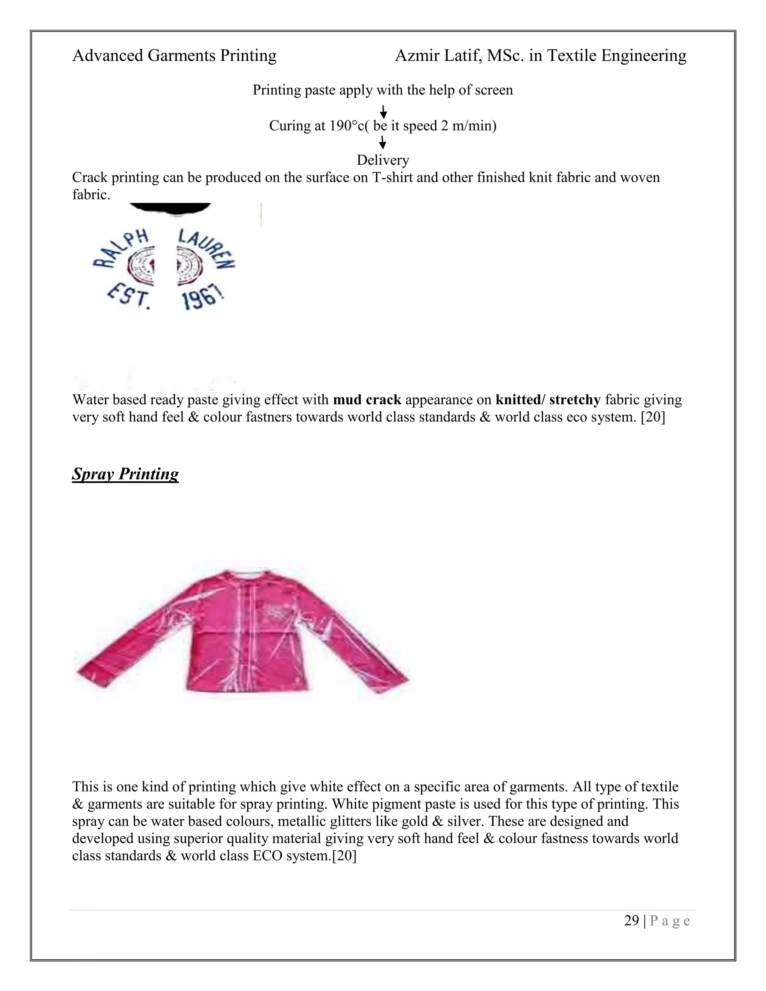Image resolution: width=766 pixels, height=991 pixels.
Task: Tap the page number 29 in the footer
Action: (x=631, y=920)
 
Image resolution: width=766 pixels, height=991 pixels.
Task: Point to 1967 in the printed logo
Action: (x=203, y=298)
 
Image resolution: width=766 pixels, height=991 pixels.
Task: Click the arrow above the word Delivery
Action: (x=383, y=142)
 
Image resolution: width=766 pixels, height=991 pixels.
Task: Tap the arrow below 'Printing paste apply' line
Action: (x=383, y=111)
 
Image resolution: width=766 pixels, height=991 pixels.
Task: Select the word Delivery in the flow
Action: (x=383, y=160)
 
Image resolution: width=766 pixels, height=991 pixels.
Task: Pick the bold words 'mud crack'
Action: (x=367, y=400)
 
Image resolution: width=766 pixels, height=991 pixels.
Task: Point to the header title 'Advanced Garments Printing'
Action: (x=174, y=55)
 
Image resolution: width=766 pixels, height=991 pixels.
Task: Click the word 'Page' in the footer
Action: (x=670, y=921)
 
